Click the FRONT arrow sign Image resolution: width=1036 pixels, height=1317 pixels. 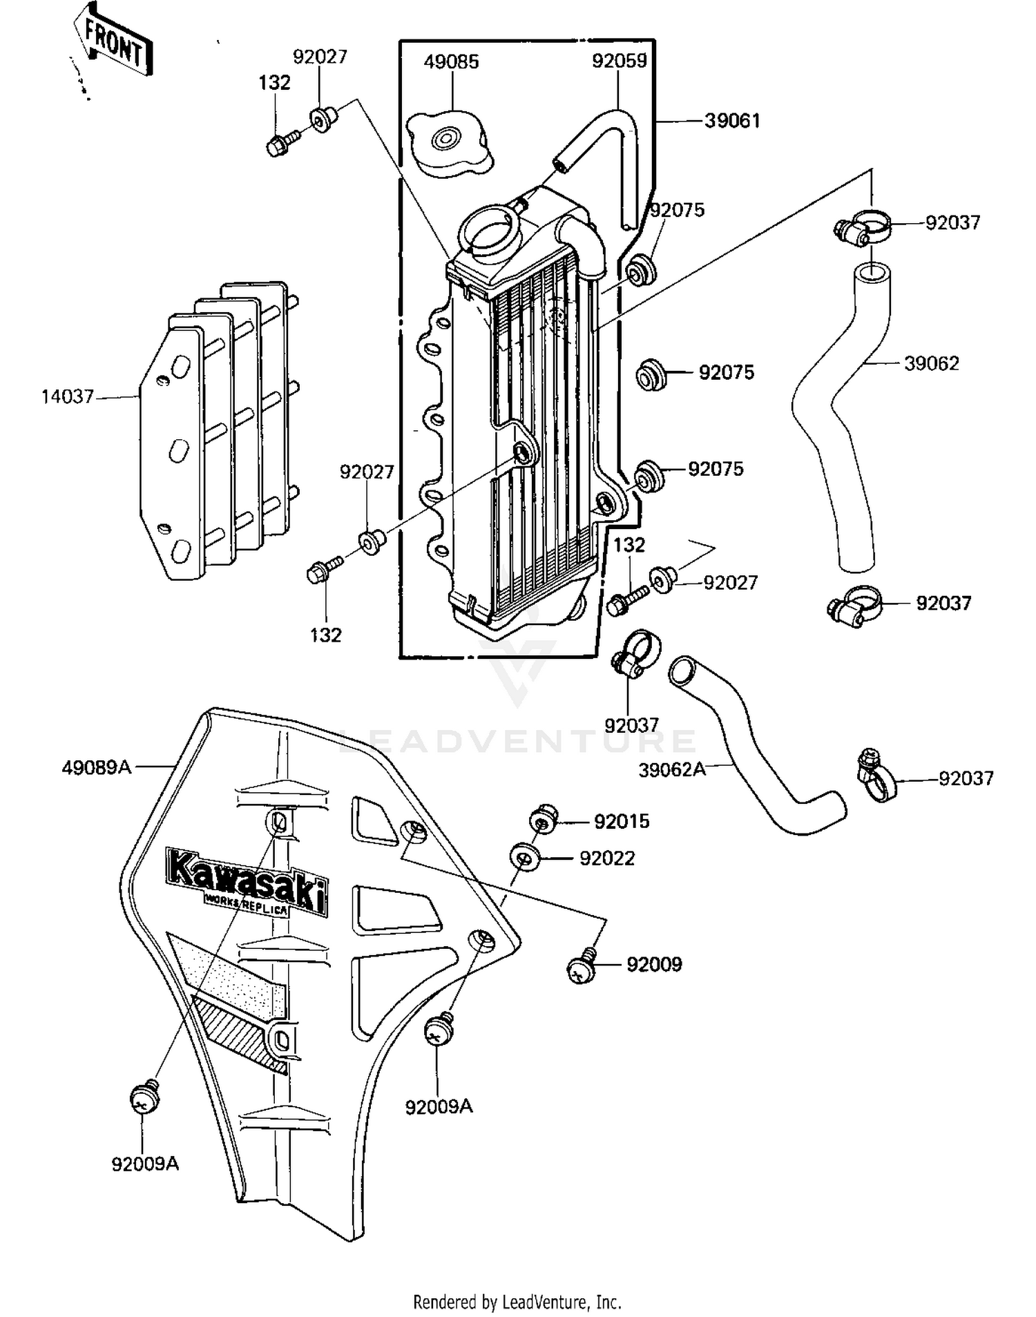pos(114,43)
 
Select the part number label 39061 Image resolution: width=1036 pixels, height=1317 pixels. pos(732,121)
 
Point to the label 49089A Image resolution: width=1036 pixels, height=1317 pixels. pos(96,767)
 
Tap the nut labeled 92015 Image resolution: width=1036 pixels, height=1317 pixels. pos(543,820)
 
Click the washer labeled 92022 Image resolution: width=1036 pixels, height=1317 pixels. pos(525,858)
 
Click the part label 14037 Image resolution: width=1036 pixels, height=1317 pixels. pos(67,397)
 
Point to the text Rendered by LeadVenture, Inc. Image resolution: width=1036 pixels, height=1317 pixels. pos(517,1302)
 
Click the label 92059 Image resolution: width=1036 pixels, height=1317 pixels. pos(619,61)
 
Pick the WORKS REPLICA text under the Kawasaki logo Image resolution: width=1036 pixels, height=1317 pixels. pos(247,904)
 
